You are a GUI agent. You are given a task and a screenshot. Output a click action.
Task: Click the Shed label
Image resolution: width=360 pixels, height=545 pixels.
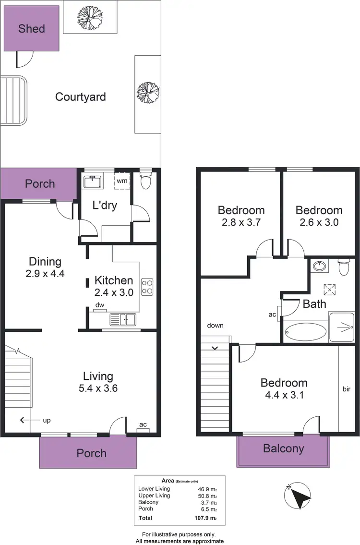tap(32, 29)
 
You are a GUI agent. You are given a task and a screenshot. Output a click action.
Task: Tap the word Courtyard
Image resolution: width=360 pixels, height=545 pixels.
tap(80, 97)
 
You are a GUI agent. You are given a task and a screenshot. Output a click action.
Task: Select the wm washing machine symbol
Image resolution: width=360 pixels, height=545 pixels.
tap(121, 181)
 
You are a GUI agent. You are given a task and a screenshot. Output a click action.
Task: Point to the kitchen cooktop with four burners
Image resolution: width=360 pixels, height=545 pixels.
tap(147, 286)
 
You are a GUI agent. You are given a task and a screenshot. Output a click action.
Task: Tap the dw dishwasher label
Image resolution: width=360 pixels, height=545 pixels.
tap(99, 304)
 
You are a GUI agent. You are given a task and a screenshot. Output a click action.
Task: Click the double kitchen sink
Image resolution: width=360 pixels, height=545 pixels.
tap(123, 319)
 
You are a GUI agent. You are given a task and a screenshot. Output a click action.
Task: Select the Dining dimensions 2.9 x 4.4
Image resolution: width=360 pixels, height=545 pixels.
tap(45, 274)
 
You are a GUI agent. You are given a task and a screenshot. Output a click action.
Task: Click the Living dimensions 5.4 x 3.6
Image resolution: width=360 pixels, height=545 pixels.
tap(98, 388)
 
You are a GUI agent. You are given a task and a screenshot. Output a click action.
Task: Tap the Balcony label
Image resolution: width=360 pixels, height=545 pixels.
tap(283, 448)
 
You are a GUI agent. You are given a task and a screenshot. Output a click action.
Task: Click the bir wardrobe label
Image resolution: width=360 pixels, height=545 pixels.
tap(348, 388)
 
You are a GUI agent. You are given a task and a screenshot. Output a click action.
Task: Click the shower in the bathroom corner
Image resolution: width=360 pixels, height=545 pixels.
tap(342, 327)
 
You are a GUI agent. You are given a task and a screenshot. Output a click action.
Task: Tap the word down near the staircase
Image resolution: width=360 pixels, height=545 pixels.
tap(216, 326)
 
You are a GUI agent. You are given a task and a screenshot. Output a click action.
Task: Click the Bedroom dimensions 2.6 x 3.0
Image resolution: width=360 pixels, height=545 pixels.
tap(319, 222)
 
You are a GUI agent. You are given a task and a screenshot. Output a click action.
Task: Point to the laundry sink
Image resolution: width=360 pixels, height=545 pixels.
tap(92, 182)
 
